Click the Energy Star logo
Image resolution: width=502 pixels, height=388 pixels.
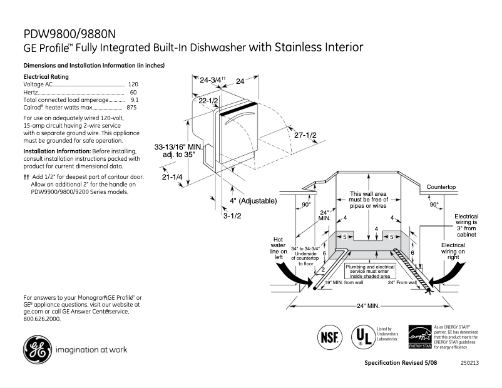pos(419,336)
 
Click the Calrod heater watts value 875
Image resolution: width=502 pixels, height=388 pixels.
pos(131,108)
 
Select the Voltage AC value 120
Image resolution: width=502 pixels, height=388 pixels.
pos(133,84)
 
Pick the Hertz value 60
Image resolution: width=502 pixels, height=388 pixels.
pos(133,92)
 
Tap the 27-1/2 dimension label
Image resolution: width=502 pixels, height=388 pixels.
pos(305,135)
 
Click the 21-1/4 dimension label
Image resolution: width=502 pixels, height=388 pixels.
pos(172,178)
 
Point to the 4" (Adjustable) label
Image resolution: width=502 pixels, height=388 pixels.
pos(253,200)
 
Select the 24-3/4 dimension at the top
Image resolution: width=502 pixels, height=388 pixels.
pos(212,81)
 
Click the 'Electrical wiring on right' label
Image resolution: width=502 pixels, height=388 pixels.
pos(453,251)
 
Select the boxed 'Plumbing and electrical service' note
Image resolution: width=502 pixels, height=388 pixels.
pos(370,270)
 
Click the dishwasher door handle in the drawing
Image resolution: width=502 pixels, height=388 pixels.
pos(238,116)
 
